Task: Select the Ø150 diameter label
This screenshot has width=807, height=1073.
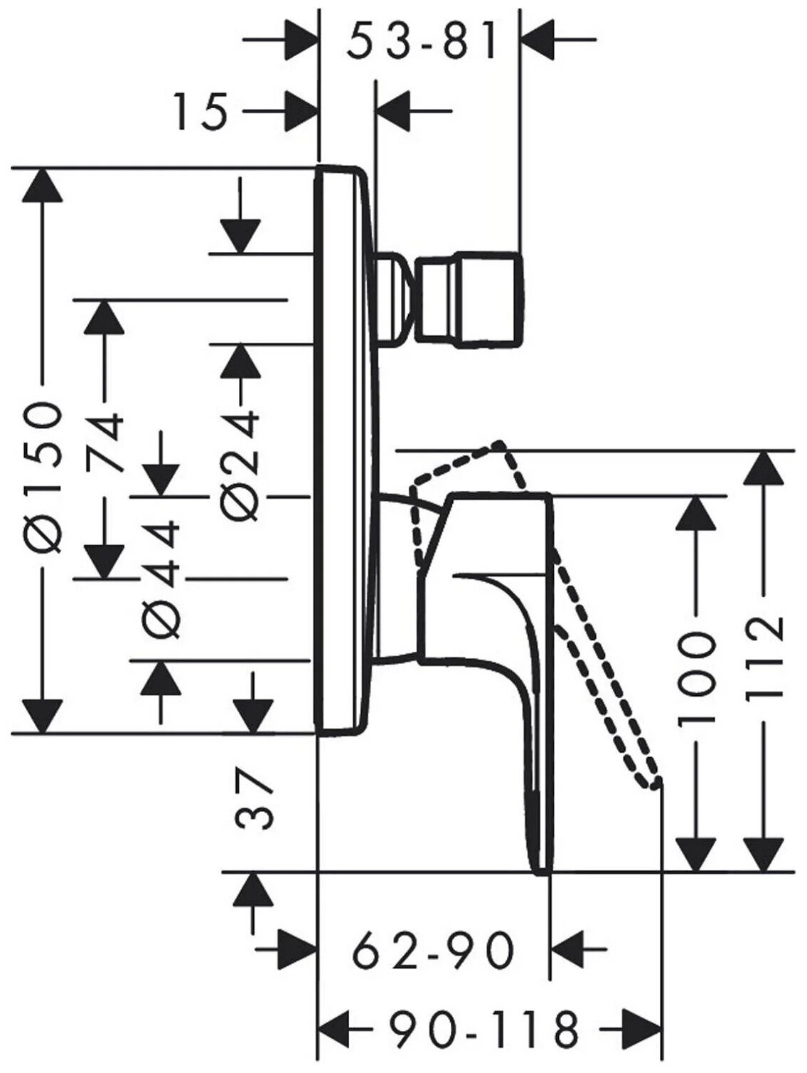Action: (45, 477)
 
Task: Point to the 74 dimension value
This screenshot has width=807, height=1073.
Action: (105, 437)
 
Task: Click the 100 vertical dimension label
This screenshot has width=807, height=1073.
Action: (695, 680)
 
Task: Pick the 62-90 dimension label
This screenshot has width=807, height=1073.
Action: (433, 950)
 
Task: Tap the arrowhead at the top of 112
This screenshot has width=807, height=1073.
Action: (766, 470)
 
